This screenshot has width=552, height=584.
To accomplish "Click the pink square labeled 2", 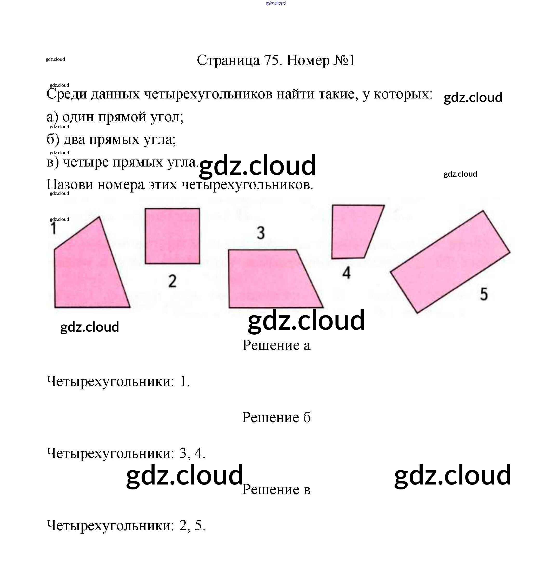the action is tap(172, 236).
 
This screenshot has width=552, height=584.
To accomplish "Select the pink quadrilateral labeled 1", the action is tap(88, 274).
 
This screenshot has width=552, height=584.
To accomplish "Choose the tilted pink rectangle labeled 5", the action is tap(450, 262).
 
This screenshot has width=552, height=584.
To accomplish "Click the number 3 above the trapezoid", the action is tap(261, 233).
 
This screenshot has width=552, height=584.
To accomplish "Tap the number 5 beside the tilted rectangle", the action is tap(484, 294).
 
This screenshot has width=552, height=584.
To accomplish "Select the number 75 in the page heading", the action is tap(271, 60).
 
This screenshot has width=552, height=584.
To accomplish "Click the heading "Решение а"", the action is tap(276, 345).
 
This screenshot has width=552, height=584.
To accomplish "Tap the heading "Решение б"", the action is tap(276, 417).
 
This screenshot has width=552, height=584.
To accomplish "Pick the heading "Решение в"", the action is tap(276, 489).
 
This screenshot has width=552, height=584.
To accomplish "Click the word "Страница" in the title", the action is tap(228, 61).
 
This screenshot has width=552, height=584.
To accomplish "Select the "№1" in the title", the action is tap(344, 60).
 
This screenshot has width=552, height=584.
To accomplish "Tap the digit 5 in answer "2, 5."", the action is tap(199, 526).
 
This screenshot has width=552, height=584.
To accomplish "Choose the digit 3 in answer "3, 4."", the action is tap(183, 453).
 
